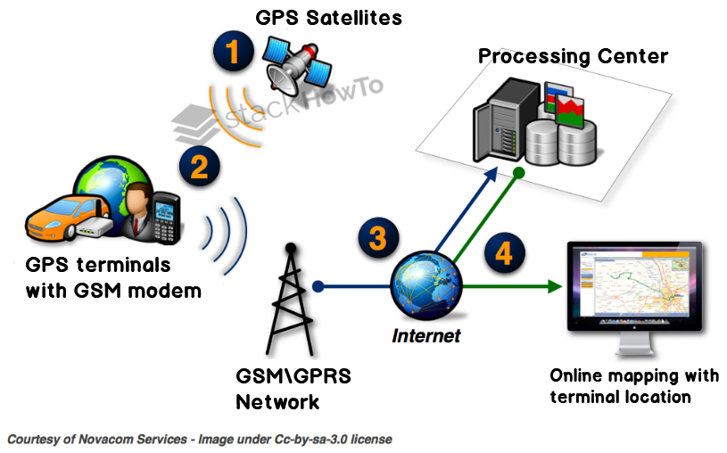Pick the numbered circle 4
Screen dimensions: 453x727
(504, 254)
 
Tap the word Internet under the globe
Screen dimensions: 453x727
(426, 336)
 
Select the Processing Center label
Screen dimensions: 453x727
(573, 57)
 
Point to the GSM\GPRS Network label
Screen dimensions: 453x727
(293, 389)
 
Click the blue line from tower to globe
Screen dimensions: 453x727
(352, 287)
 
